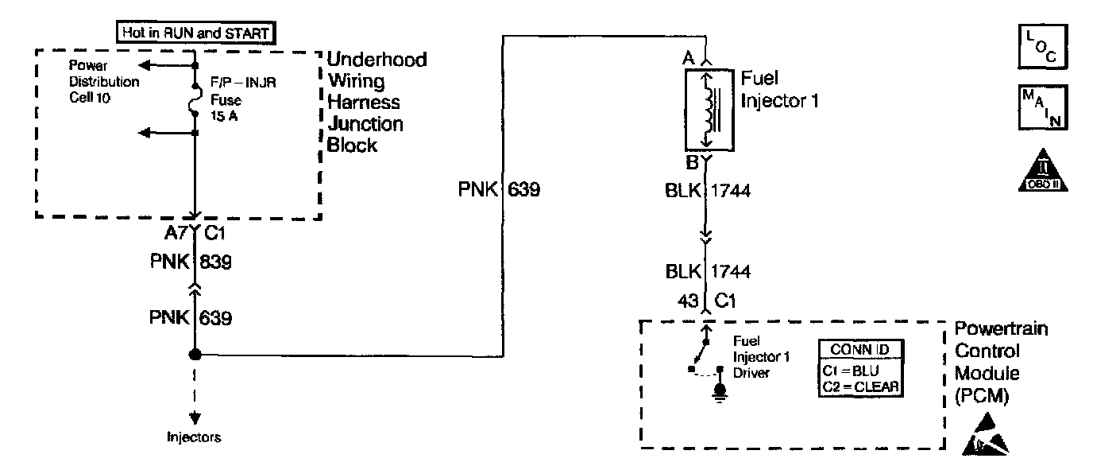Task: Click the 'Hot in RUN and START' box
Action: click(194, 33)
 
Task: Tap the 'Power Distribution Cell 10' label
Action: click(104, 81)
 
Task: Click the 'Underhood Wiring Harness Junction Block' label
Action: click(377, 103)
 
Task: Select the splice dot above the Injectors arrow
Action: click(195, 355)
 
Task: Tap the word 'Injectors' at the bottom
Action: click(194, 437)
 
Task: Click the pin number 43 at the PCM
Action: click(689, 301)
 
